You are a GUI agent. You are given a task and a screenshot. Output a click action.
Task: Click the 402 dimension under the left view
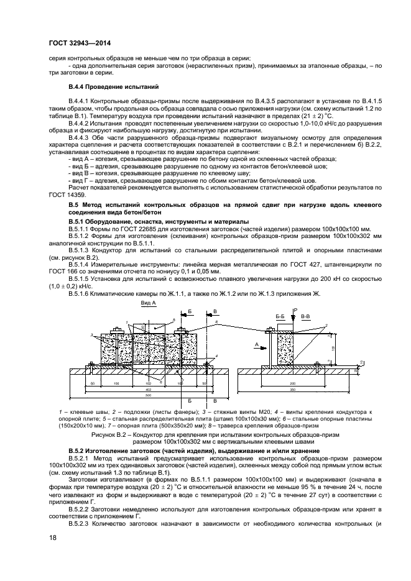tap(148, 389)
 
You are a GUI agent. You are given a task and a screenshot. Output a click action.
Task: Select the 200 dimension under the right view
tap(292, 383)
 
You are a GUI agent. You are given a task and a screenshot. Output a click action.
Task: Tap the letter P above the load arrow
tap(297, 309)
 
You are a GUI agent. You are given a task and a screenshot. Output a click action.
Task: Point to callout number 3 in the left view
tap(91, 335)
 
